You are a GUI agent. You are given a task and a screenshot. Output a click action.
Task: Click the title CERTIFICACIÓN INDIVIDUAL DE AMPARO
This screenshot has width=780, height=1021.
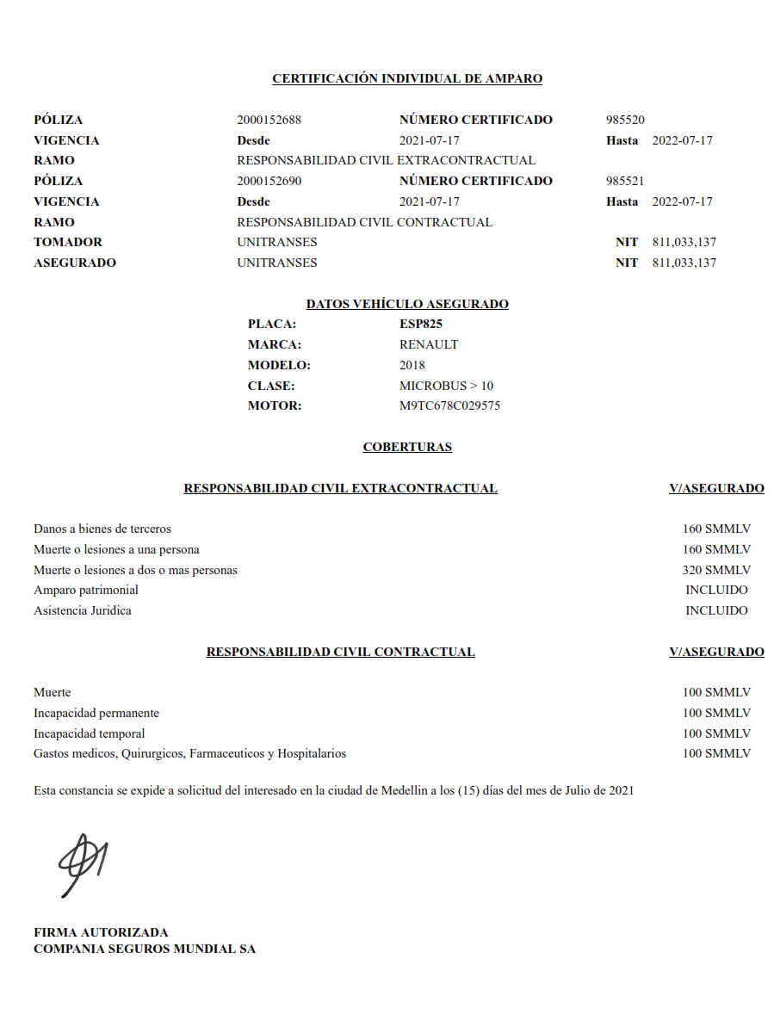407,78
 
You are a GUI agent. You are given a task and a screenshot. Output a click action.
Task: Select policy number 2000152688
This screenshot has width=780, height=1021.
269,120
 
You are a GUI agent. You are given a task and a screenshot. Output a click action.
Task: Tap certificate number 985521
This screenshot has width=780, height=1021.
625,181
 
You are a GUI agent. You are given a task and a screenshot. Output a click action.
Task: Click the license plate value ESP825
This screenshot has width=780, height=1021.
421,324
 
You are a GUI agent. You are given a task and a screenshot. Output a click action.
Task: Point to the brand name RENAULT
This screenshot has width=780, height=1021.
429,344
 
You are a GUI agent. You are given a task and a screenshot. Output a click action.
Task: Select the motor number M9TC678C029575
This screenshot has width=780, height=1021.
449,405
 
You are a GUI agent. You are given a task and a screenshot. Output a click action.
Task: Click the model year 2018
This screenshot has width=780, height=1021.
412,365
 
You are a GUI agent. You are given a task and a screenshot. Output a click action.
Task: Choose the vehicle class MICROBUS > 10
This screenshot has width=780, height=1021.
446,386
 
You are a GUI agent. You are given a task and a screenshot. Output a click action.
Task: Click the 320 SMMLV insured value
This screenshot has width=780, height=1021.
716,570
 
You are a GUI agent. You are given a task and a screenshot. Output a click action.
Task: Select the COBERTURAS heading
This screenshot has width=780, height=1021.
407,447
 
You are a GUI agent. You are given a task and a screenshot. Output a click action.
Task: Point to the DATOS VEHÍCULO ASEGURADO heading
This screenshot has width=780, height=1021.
407,304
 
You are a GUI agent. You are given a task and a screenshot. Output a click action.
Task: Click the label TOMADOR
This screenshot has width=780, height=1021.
68,242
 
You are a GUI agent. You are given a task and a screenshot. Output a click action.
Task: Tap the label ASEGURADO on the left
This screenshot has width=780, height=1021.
75,263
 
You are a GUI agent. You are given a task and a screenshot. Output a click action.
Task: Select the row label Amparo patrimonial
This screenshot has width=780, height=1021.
86,590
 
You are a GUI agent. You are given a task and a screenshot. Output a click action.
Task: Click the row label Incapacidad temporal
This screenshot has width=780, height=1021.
90,733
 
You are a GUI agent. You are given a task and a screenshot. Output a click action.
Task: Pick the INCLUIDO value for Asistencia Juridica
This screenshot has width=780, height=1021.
716,610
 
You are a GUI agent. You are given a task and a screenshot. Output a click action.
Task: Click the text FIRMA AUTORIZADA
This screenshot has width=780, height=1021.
101,931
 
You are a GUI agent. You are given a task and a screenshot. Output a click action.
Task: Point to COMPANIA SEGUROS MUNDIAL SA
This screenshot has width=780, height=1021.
145,949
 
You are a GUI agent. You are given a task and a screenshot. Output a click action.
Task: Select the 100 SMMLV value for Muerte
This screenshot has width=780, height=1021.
716,692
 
